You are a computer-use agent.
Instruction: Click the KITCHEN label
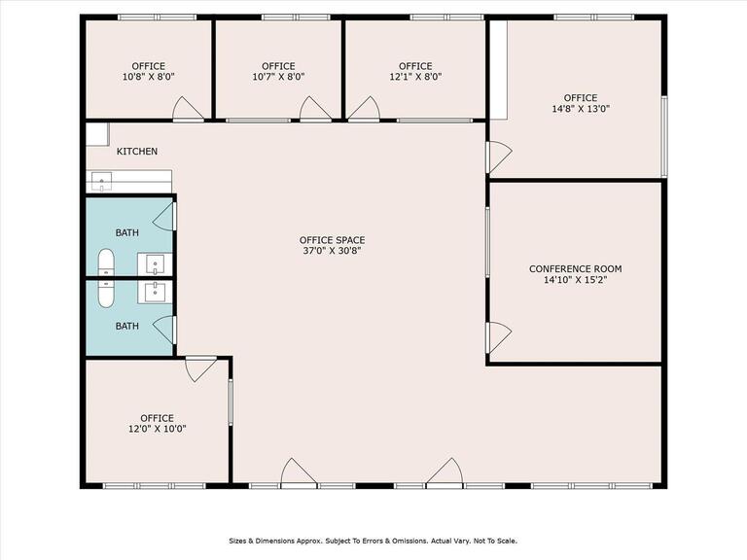click(137, 152)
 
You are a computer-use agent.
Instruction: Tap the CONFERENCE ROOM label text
click(575, 269)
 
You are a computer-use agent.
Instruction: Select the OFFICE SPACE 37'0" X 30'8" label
click(332, 245)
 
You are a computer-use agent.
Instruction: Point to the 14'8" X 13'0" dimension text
click(581, 109)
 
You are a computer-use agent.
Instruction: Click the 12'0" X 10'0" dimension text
click(158, 429)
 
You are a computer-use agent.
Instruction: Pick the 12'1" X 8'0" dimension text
click(415, 76)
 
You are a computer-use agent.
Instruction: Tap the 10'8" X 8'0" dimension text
click(149, 76)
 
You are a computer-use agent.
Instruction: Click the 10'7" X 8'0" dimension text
click(278, 76)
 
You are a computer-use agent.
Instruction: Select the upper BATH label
click(127, 233)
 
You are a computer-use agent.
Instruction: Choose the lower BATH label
click(127, 327)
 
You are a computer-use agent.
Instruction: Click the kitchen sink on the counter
click(101, 182)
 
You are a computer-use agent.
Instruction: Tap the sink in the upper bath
click(155, 263)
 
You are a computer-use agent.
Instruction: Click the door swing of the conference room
click(499, 337)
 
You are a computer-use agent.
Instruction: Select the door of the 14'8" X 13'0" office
click(499, 157)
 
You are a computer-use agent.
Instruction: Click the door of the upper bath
click(164, 217)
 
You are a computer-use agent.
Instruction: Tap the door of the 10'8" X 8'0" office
click(188, 109)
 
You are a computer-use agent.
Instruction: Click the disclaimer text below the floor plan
click(373, 541)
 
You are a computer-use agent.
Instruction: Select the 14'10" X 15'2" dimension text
click(575, 280)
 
